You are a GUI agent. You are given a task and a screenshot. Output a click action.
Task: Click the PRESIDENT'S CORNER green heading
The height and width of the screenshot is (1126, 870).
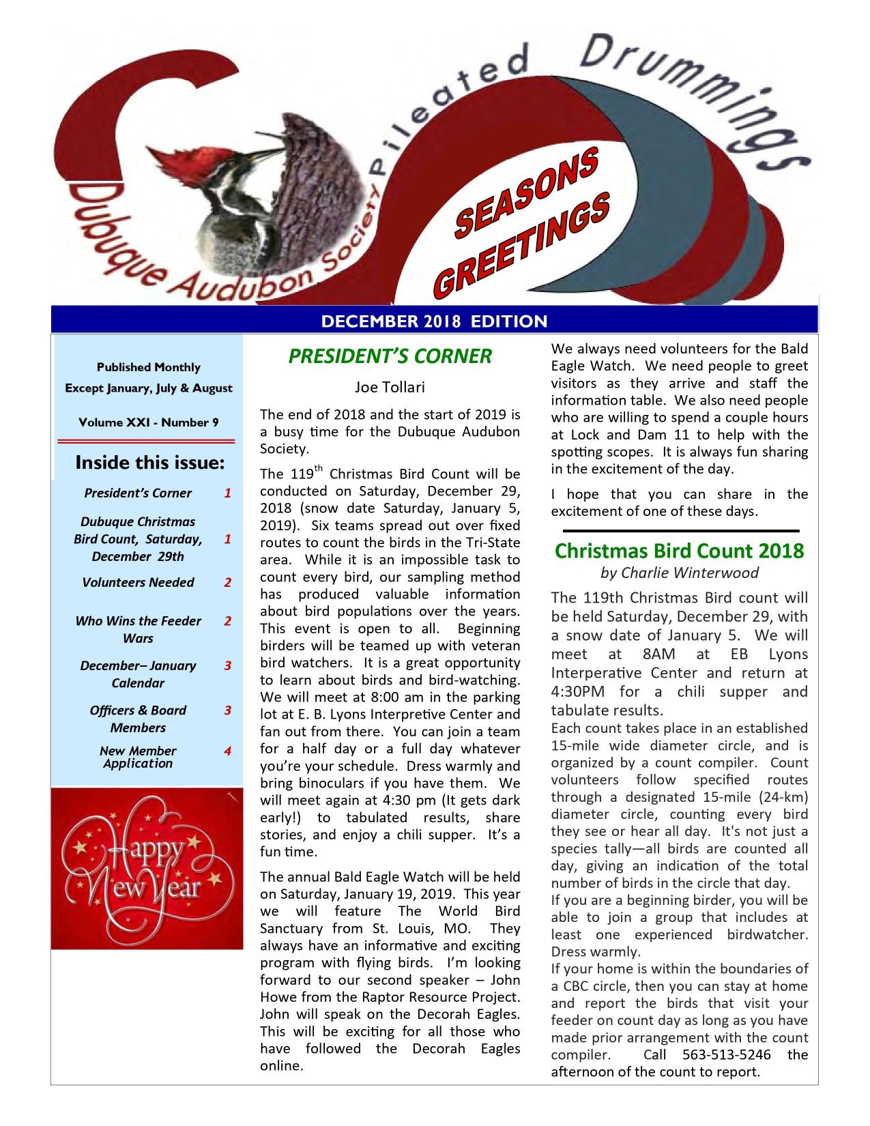[390, 356]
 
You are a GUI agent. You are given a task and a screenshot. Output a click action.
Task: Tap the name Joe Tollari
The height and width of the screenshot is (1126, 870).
[390, 388]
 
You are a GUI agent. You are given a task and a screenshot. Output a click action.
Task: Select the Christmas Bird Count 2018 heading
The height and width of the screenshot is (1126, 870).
[679, 550]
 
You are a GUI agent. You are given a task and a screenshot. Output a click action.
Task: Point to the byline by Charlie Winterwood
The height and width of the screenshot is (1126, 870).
[679, 573]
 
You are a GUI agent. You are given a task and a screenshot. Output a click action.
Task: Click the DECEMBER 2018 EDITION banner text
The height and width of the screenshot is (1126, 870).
[434, 321]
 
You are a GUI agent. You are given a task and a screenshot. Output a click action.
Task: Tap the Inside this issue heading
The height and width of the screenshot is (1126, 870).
[149, 463]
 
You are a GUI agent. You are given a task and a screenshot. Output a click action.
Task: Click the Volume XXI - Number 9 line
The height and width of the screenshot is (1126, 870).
[149, 422]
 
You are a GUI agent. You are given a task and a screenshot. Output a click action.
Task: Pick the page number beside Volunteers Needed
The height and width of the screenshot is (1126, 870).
[228, 582]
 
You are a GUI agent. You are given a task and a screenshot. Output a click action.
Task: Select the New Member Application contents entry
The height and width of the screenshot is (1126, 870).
[138, 757]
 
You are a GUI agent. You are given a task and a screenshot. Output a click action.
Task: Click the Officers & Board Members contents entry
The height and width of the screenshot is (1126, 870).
[138, 719]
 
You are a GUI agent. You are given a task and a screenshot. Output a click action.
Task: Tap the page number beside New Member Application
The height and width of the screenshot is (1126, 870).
[228, 751]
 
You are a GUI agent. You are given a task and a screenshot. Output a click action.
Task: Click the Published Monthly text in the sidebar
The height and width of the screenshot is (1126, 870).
[149, 367]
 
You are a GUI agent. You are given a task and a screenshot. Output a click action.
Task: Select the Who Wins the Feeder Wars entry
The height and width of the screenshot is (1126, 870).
[138, 629]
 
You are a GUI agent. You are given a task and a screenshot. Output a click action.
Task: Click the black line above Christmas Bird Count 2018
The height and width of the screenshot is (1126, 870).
[680, 530]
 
